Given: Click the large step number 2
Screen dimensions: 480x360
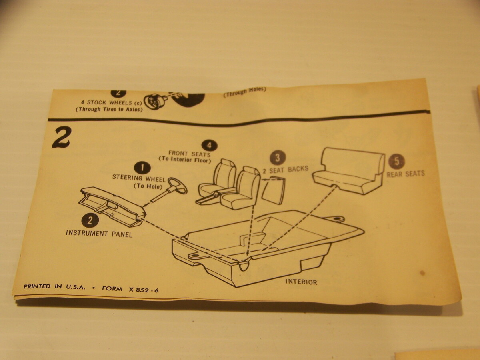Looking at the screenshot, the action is click(x=61, y=137).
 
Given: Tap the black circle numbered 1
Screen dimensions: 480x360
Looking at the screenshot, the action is click(x=142, y=168).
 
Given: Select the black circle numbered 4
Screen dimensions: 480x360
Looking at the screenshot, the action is click(x=210, y=145).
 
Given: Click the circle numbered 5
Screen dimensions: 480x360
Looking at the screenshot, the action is click(x=396, y=162).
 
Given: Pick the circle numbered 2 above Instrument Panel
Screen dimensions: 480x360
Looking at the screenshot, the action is click(x=90, y=221).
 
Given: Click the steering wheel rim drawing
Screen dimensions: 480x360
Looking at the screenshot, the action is click(x=178, y=185).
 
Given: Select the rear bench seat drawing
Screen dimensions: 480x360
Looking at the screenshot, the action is click(x=348, y=171).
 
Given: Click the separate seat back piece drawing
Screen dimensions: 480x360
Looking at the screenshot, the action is click(x=273, y=191).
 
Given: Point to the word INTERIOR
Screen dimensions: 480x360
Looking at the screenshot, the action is click(x=301, y=282).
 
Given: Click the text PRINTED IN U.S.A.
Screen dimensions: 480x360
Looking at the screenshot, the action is click(x=54, y=287).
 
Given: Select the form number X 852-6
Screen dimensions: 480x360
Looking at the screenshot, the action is click(x=144, y=290).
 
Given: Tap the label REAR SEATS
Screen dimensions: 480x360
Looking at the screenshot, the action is click(x=406, y=174).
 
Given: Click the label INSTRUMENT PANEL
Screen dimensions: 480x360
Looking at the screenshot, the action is click(x=99, y=234).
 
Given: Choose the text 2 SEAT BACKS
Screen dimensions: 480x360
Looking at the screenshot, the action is click(x=285, y=170).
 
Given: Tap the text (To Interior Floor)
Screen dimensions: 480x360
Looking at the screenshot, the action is click(x=185, y=160).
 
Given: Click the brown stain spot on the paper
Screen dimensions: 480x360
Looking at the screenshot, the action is click(x=422, y=273).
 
